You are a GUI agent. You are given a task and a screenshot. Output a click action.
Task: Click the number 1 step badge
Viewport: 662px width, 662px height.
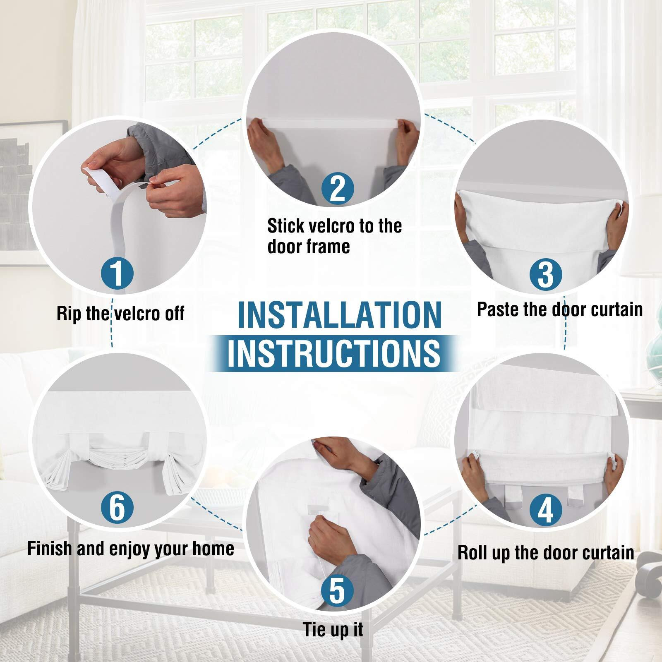(118, 273)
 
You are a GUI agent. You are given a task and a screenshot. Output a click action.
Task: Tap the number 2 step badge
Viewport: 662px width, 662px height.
(338, 188)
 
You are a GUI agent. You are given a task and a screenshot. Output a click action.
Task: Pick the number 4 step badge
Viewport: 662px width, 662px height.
(545, 510)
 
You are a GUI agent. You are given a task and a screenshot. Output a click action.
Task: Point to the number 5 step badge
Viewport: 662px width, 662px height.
(337, 590)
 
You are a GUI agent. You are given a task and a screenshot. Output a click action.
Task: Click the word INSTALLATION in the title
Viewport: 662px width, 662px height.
(340, 315)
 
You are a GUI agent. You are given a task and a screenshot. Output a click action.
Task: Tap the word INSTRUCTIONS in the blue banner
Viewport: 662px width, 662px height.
(333, 353)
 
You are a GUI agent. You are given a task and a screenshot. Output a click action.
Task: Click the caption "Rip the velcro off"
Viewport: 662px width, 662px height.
(120, 314)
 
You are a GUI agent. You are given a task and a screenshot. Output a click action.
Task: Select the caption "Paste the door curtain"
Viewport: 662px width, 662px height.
(560, 309)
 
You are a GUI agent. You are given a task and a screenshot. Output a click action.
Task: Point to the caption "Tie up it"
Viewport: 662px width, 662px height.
(333, 630)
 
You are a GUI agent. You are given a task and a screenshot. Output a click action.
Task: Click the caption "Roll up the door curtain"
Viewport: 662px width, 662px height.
(546, 553)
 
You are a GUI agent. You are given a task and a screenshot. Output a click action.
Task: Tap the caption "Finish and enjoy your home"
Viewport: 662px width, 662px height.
(131, 549)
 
